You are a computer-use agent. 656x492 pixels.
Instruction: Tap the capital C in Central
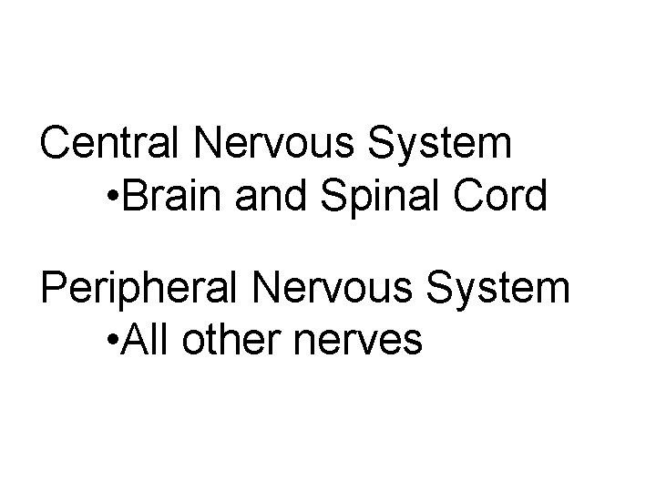click(x=56, y=143)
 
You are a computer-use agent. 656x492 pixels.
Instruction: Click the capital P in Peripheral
click(x=54, y=289)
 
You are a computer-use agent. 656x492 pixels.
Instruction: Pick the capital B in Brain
click(x=131, y=198)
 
